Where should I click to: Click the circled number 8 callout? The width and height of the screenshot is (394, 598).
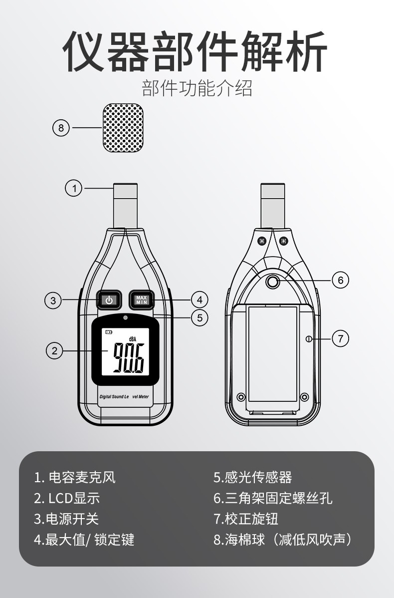61,127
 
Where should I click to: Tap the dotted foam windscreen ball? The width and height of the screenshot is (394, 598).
124,128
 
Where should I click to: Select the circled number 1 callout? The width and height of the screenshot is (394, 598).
74,188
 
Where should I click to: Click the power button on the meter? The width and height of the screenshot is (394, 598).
109,300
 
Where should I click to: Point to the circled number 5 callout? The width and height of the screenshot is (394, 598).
199,317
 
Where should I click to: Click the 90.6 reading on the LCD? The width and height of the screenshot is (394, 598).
129,358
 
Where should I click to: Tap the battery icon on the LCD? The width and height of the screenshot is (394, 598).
109,332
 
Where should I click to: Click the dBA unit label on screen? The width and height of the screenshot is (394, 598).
132,338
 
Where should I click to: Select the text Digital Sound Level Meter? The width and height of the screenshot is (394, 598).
124,397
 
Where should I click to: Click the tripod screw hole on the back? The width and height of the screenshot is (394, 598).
272,282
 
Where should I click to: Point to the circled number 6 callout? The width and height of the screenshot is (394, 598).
340,281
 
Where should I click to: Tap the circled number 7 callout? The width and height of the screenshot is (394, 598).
340,338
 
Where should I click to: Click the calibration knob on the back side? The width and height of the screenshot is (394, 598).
309,338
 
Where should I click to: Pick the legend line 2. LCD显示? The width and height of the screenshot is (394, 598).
67,498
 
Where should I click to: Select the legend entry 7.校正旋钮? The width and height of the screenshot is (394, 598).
246,519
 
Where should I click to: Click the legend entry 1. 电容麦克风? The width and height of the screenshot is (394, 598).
75,478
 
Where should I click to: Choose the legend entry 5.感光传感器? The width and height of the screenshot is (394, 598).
253,478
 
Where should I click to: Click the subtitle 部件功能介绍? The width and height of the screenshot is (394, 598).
197,88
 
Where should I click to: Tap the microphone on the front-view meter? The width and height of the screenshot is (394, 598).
125,206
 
